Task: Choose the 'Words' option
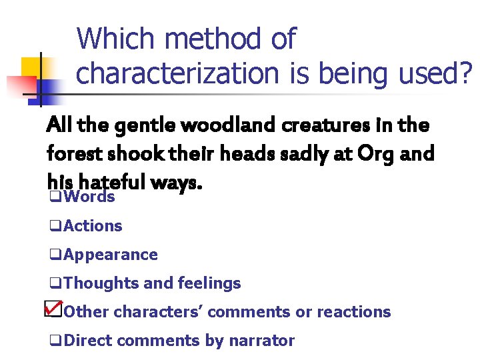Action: [89, 197]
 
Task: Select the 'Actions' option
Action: [93, 226]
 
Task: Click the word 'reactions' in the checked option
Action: [353, 312]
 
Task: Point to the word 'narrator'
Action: [261, 341]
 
